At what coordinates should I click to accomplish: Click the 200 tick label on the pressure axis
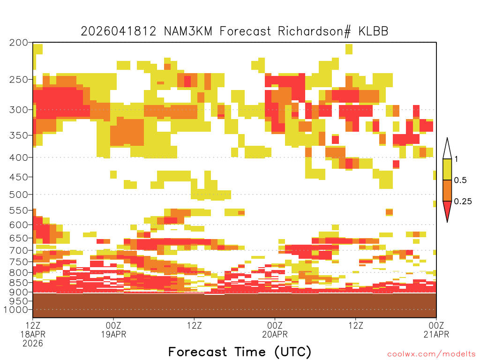(x=19, y=43)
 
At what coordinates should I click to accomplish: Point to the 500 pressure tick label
(x=19, y=195)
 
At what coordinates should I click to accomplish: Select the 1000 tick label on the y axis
(x=15, y=310)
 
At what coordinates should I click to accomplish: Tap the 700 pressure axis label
(x=19, y=251)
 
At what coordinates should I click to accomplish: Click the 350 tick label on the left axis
(x=19, y=135)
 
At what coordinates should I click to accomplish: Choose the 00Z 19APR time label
(x=113, y=330)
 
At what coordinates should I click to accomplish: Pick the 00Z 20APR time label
(x=275, y=330)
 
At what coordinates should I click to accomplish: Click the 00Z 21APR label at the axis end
(x=436, y=330)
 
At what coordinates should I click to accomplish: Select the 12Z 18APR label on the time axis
(x=33, y=334)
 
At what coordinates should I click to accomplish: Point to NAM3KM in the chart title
(x=188, y=31)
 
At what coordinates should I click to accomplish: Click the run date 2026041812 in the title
(x=119, y=31)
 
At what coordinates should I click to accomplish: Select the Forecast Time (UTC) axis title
(x=240, y=352)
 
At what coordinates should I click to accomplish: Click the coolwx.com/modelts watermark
(x=431, y=354)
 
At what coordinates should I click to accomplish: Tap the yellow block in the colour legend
(x=447, y=170)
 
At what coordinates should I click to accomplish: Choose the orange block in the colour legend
(x=447, y=190)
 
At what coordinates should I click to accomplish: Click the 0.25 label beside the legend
(x=463, y=202)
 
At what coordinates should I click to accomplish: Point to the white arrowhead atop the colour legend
(x=447, y=149)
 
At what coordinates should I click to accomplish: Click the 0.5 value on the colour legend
(x=460, y=180)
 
